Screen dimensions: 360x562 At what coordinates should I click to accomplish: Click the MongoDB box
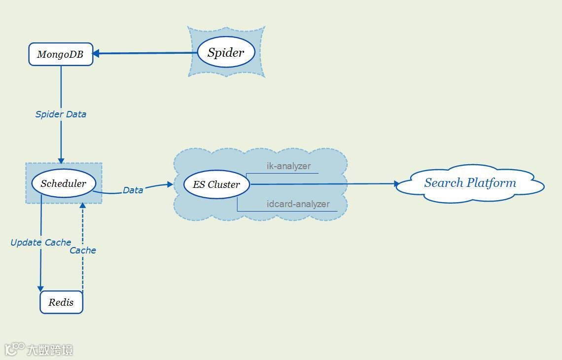pyautogui.click(x=61, y=54)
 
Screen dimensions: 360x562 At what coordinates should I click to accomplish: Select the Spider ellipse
pyautogui.click(x=226, y=52)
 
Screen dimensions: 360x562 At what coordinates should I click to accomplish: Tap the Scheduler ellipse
pyautogui.click(x=63, y=183)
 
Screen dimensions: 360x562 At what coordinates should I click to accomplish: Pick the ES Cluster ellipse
pyautogui.click(x=216, y=184)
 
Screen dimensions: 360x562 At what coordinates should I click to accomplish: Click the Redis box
pyautogui.click(x=61, y=302)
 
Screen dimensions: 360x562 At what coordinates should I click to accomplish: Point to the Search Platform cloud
pyautogui.click(x=470, y=183)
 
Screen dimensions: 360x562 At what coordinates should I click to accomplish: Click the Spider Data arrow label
pyautogui.click(x=61, y=114)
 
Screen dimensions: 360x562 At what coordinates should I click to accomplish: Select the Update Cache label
pyautogui.click(x=41, y=242)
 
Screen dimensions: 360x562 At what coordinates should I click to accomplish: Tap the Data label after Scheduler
pyautogui.click(x=133, y=190)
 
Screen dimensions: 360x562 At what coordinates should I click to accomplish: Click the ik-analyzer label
pyautogui.click(x=288, y=166)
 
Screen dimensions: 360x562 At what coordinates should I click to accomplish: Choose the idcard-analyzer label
pyautogui.click(x=298, y=204)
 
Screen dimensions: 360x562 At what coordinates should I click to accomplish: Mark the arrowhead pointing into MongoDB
pyautogui.click(x=96, y=53)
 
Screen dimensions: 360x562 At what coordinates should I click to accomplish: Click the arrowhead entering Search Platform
pyautogui.click(x=397, y=184)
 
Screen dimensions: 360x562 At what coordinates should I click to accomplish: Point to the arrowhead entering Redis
pyautogui.click(x=40, y=288)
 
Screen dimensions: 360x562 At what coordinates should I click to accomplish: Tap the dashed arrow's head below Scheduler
pyautogui.click(x=82, y=205)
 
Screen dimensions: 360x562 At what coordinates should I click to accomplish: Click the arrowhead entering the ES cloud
pyautogui.click(x=170, y=184)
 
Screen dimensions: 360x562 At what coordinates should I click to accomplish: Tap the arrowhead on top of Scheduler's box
pyautogui.click(x=61, y=160)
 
